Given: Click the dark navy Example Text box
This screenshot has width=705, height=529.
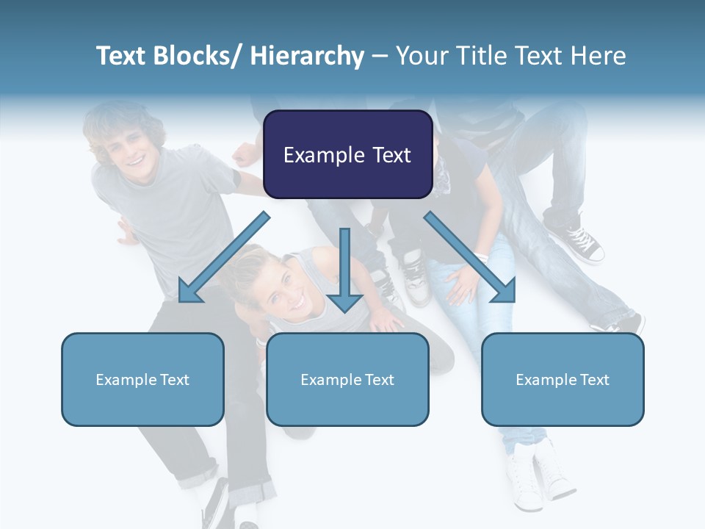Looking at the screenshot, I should [347, 154].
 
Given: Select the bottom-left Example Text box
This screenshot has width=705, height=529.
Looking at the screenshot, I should [142, 379].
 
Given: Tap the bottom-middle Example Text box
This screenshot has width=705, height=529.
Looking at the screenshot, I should [347, 379].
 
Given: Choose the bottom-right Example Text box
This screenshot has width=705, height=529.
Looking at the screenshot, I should [563, 379].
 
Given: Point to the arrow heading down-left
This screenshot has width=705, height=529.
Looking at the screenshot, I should [224, 257].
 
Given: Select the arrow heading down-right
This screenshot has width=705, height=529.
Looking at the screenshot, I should [470, 257].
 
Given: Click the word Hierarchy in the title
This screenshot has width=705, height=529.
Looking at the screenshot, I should [307, 56].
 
